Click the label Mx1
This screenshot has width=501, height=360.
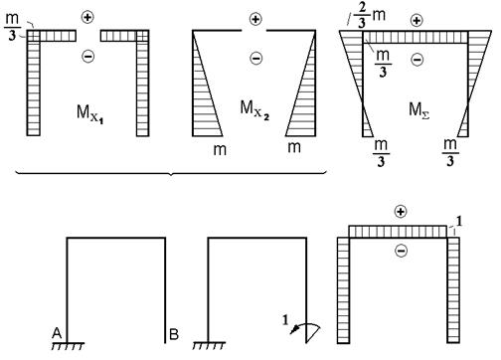tap(90, 113)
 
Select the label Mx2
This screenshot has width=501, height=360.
tap(254, 109)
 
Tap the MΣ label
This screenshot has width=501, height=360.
tap(419, 110)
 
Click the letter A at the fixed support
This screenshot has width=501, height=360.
tap(57, 333)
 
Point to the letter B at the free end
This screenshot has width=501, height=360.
tap(174, 334)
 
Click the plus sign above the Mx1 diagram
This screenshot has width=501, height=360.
tap(87, 17)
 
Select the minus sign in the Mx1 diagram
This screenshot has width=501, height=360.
tap(87, 56)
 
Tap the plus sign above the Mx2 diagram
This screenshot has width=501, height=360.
tap(255, 19)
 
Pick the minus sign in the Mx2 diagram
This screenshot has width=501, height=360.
tap(255, 59)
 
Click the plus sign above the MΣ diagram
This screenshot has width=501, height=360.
tap(417, 21)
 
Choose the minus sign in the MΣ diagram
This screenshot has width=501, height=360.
tap(417, 60)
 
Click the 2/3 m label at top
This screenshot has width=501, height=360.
tap(370, 16)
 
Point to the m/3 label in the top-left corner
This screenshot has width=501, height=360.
tap(12, 27)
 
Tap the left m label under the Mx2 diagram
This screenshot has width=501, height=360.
tap(220, 150)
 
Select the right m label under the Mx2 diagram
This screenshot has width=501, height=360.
tap(294, 147)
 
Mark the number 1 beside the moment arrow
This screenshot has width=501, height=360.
tap(285, 320)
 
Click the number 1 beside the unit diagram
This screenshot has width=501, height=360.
tap(459, 221)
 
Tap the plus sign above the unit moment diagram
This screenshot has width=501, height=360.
tap(401, 212)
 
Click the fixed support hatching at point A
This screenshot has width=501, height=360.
tap(68, 346)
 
